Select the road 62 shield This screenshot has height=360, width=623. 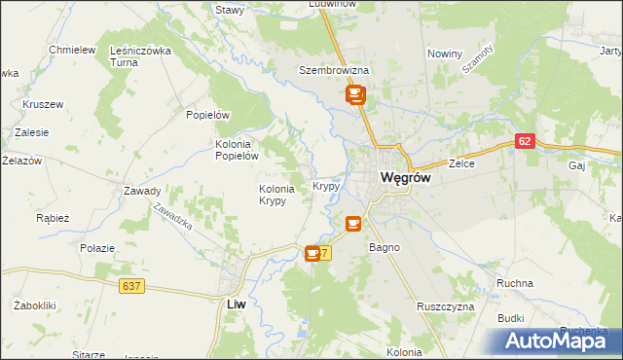tap(526, 141)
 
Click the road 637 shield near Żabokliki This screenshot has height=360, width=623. tap(133, 285)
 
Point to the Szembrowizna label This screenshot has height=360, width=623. tap(334, 71)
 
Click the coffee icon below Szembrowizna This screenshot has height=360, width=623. tap(353, 94)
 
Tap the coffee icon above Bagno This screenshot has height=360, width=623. tap(352, 224)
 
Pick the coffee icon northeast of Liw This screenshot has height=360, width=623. tap(312, 254)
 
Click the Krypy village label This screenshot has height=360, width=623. tap(326, 185)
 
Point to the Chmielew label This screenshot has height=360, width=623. tap(71, 50)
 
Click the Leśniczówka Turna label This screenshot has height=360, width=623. tap(142, 55)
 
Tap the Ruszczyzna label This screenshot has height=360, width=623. tap(445, 306)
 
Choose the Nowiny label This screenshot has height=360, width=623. tap(443, 54)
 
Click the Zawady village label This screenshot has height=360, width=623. tap(142, 191)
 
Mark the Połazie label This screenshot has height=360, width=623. tap(98, 248)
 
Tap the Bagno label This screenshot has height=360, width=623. tap(384, 247)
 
